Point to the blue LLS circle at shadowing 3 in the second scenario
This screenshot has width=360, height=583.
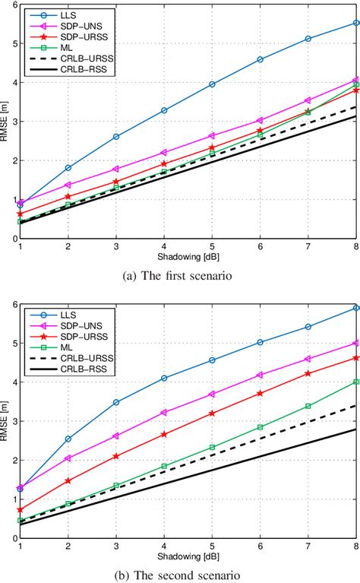115,402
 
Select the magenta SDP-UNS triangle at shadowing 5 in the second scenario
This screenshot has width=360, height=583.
212,394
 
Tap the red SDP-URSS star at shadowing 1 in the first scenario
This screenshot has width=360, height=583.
20,214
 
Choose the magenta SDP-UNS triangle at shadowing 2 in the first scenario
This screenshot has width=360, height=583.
68,185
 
